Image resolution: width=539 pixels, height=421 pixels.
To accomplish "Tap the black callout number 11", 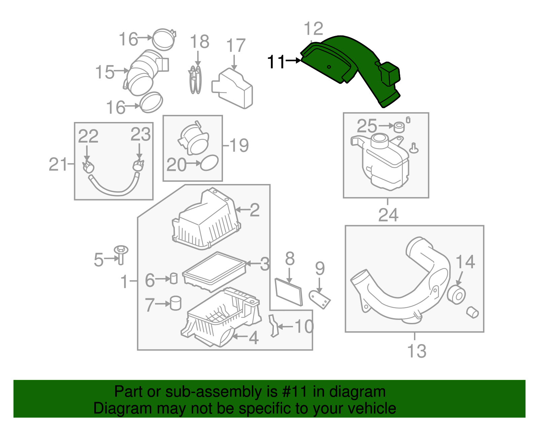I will point(276,62).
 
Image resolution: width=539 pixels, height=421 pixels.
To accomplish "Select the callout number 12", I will point(313,29).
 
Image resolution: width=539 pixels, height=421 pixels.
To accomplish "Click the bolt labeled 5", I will point(121,254).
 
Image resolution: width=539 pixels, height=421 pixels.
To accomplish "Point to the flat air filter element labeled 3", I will point(214,271).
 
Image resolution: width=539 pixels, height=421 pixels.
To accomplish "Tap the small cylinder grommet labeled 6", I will point(173,278).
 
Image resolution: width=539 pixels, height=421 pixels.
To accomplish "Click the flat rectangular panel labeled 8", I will point(289,292).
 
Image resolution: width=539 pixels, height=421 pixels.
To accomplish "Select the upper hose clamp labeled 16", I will point(164,39).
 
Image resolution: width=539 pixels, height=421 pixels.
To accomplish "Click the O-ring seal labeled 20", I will point(209,163).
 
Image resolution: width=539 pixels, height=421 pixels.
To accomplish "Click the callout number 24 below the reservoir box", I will point(388,215).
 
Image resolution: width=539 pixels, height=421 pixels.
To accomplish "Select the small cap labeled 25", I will point(399,127).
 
